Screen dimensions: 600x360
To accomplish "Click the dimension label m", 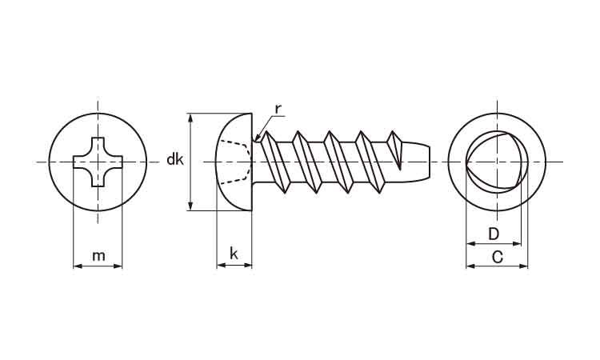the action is click(x=98, y=255).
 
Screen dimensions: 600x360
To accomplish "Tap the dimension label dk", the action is click(x=175, y=159).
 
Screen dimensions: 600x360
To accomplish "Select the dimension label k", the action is click(x=234, y=254).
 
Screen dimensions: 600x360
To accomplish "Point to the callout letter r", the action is click(x=278, y=110).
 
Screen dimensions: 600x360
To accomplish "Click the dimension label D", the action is click(x=494, y=234).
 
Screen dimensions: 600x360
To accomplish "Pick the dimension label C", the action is click(x=497, y=257).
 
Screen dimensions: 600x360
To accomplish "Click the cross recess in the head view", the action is click(x=98, y=162).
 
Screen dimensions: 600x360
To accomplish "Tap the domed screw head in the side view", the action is click(x=234, y=162).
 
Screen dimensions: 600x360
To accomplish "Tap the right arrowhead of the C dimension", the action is click(x=523, y=266).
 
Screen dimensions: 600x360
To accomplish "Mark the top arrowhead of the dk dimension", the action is click(x=190, y=118).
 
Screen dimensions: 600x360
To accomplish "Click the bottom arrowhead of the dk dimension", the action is click(x=190, y=206).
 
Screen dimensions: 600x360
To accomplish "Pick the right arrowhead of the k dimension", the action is click(x=248, y=264).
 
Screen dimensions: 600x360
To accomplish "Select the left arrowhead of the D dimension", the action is click(x=470, y=243).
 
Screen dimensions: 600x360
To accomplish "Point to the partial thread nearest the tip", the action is click(x=396, y=150).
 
